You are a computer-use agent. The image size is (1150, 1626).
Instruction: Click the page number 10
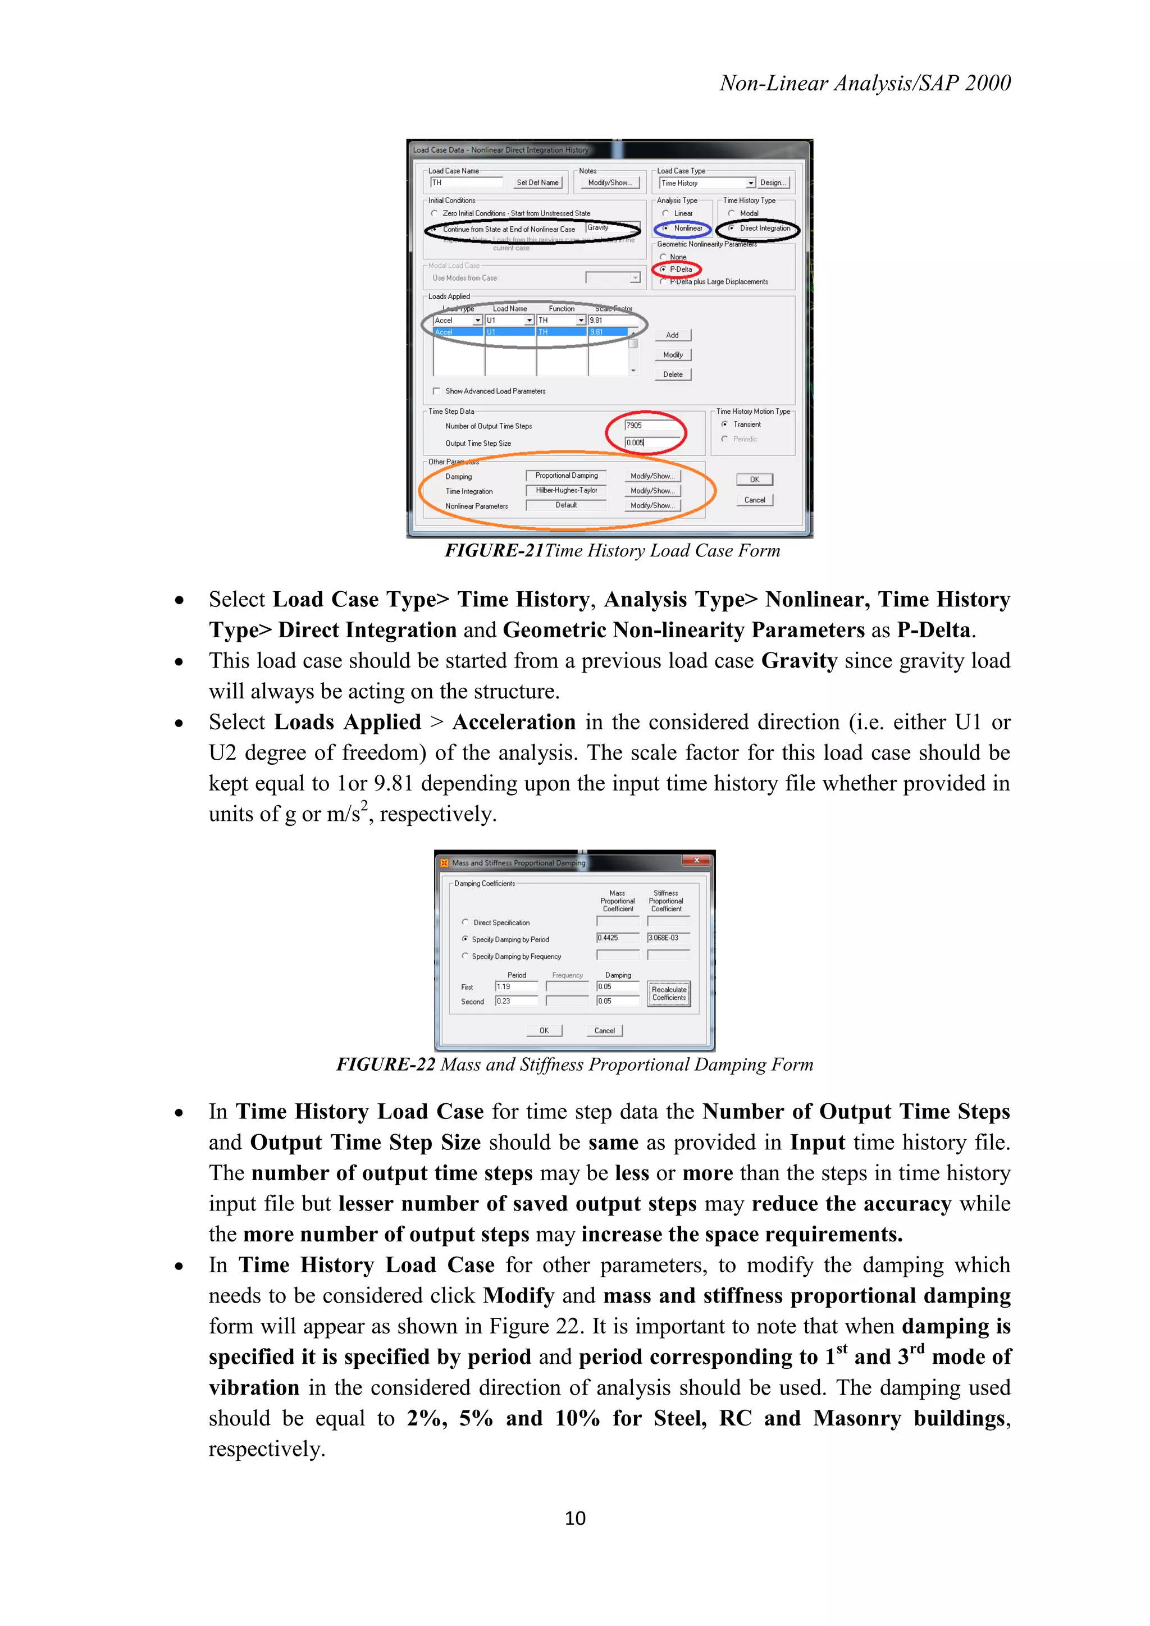click(575, 1518)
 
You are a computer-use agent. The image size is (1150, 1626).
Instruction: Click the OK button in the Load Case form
click(754, 479)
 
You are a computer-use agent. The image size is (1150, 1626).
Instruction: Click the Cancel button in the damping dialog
click(604, 1030)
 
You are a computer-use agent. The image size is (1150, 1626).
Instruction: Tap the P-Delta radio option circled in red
click(664, 269)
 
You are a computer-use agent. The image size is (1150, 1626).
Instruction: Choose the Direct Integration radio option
click(732, 228)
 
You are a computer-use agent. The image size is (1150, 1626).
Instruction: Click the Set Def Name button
click(537, 182)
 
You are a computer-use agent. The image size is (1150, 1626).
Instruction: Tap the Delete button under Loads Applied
click(673, 374)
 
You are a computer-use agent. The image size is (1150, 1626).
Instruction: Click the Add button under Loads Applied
click(673, 335)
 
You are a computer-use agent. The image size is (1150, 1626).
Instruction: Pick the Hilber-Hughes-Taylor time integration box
click(566, 490)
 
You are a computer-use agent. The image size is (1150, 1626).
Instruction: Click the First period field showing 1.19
click(515, 986)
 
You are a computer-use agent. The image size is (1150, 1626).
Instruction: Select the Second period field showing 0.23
click(515, 1001)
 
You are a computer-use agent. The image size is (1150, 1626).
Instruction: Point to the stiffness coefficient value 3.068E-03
click(668, 938)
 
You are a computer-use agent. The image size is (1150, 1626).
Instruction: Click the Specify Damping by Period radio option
click(466, 939)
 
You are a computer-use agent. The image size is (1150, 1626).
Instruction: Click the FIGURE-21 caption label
click(494, 551)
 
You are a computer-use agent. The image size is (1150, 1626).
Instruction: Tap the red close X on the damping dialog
click(696, 861)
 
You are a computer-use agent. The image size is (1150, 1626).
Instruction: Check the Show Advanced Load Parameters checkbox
click(436, 391)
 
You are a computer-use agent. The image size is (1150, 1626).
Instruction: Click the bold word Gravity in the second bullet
click(799, 661)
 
